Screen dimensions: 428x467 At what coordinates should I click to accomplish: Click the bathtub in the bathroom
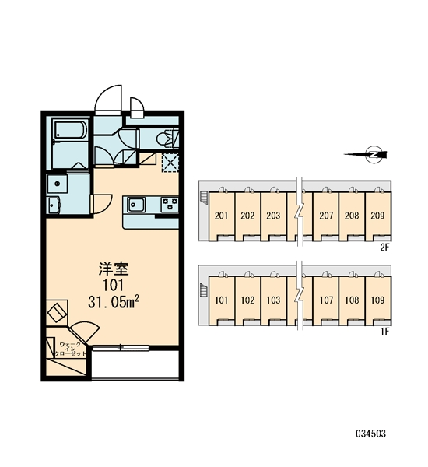70,129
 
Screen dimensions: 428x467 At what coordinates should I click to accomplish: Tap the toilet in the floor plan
167,139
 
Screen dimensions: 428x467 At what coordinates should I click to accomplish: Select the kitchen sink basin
136,205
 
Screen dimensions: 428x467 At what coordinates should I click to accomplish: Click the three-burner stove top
170,204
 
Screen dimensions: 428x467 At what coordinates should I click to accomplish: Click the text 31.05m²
114,302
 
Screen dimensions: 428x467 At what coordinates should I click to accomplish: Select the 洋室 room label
114,269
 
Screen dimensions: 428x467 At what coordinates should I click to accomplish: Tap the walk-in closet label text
71,349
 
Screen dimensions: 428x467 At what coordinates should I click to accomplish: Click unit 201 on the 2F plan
221,216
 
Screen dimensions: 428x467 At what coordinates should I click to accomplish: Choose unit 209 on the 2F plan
377,216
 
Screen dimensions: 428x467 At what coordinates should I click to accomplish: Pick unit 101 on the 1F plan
221,300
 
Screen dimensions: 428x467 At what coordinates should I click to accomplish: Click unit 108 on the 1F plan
352,300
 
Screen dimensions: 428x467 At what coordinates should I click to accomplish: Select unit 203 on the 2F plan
273,216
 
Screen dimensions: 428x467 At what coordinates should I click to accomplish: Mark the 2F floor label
385,248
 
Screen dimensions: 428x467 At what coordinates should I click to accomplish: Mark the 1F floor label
385,332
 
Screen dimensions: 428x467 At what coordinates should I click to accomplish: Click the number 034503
371,434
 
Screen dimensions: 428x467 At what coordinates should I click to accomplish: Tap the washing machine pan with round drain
57,184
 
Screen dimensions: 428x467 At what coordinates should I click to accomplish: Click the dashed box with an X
170,163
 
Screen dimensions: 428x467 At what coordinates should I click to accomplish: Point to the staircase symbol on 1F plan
203,290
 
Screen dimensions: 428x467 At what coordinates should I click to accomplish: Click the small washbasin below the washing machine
54,205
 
